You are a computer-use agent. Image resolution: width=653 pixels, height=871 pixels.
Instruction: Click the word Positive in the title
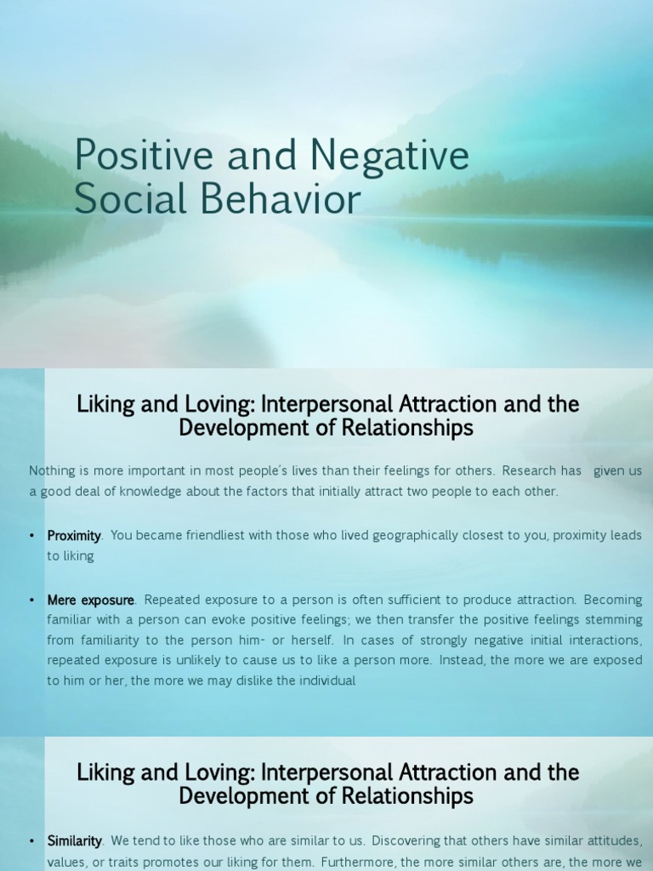143,155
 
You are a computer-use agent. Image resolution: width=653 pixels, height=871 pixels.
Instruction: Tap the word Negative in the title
389,157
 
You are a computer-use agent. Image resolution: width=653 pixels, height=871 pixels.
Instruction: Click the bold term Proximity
74,536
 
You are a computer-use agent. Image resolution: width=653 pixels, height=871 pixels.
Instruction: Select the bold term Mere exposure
90,601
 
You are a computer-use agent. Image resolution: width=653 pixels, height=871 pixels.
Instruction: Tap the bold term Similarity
75,841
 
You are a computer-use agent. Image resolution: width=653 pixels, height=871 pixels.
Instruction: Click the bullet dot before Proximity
31,536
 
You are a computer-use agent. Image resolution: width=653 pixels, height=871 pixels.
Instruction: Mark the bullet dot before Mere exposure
31,600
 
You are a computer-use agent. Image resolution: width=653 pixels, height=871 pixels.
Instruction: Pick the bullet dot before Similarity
31,841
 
